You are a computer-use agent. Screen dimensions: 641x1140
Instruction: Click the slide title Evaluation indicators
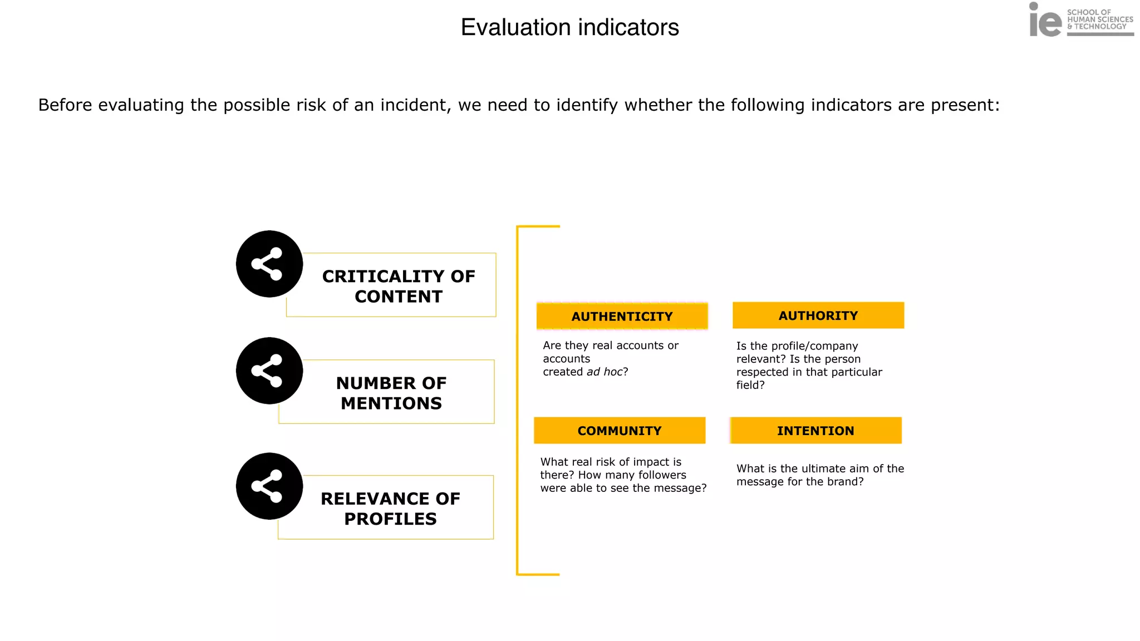click(x=569, y=27)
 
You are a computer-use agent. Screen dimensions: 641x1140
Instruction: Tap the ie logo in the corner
click(x=1045, y=21)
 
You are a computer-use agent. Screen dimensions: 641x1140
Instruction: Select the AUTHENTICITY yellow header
click(x=622, y=316)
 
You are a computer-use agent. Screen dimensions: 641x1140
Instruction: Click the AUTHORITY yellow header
click(x=818, y=315)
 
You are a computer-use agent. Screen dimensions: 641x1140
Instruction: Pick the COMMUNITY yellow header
click(x=619, y=431)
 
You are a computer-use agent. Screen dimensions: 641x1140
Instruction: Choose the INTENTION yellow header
click(x=815, y=431)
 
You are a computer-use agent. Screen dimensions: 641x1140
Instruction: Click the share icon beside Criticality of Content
click(x=269, y=264)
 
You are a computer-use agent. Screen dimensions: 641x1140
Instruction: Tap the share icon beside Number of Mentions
click(x=269, y=371)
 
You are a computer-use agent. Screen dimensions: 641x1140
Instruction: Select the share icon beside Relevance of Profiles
click(x=269, y=486)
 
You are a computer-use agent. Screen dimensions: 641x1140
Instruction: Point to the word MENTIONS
click(x=391, y=403)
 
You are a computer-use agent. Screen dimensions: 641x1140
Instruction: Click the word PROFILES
click(x=390, y=519)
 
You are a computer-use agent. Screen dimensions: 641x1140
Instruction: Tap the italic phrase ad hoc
click(x=605, y=372)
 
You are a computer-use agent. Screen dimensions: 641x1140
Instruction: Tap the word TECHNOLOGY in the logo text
click(x=1100, y=27)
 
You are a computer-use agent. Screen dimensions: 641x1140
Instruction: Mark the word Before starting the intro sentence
click(x=65, y=105)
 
